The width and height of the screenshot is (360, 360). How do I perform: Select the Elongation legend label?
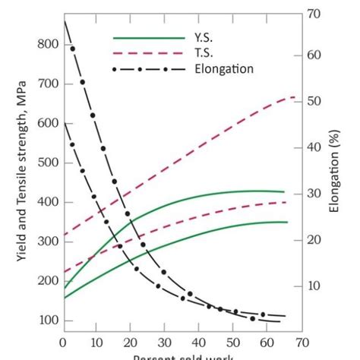(225, 69)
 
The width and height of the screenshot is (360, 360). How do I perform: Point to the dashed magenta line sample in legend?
(149, 53)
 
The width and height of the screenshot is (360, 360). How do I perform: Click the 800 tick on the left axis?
(46, 44)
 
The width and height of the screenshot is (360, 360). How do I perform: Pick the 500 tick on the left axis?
(46, 163)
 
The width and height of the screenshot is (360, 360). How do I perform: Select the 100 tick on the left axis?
(46, 321)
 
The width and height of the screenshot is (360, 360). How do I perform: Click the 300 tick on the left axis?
(46, 242)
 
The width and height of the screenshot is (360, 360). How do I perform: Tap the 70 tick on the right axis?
(314, 13)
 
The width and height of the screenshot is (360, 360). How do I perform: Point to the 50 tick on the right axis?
(314, 101)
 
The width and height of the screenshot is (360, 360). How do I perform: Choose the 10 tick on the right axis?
(314, 286)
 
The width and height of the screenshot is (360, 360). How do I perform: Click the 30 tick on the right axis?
(314, 194)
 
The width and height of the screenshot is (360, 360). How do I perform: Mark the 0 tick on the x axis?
(63, 342)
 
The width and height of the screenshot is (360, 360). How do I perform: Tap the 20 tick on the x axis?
(130, 342)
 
